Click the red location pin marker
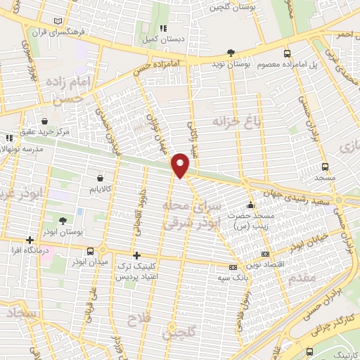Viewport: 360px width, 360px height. (181, 164)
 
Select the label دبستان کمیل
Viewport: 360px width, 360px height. (163, 39)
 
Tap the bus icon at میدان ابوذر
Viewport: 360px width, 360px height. (91, 251)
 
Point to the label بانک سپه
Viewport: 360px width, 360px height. (232, 278)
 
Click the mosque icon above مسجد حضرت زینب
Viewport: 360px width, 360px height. (250, 205)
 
